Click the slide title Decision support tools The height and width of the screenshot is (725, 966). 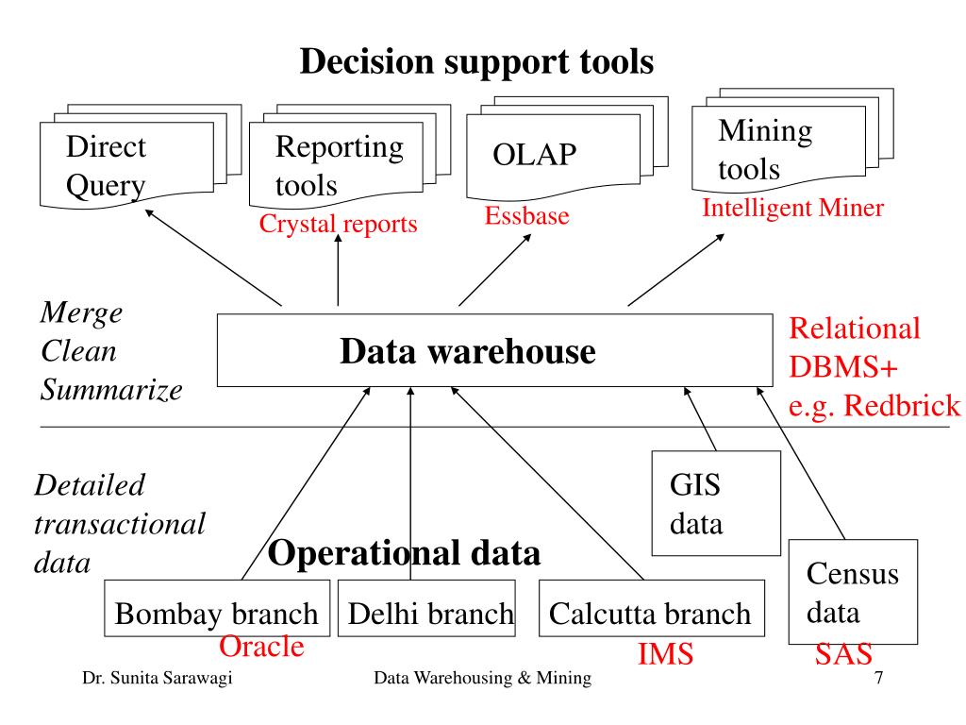tap(476, 61)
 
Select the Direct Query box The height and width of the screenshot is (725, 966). tap(127, 165)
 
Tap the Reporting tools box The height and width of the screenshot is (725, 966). tap(337, 164)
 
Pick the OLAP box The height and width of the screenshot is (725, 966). tap(553, 157)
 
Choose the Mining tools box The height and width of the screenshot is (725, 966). tap(778, 148)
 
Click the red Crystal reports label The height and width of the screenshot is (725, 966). tap(339, 224)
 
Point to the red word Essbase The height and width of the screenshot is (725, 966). tap(526, 216)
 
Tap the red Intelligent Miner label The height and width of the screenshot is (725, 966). tap(792, 208)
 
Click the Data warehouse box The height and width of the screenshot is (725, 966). tap(494, 350)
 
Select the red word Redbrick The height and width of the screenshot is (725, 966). tap(902, 406)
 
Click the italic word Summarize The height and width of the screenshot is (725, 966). tap(111, 390)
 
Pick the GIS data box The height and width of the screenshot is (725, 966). tap(716, 503)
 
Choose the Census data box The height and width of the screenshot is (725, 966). tap(853, 592)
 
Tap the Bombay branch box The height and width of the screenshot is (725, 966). tap(217, 608)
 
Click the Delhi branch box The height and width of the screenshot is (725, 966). tap(426, 608)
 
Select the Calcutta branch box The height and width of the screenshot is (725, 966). tap(651, 608)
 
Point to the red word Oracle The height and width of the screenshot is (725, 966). tap(261, 647)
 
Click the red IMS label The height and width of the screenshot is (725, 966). tap(665, 653)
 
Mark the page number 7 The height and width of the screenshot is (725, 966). tap(878, 678)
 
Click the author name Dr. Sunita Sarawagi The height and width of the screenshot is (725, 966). tap(158, 678)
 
